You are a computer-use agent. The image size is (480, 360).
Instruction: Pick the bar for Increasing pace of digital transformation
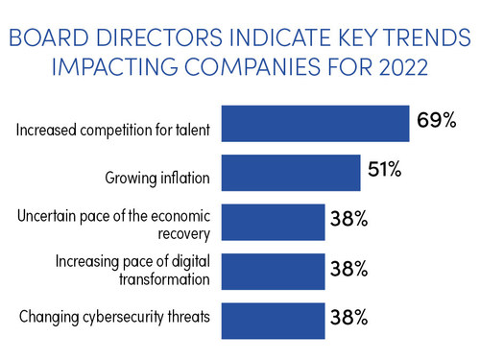[x=274, y=270]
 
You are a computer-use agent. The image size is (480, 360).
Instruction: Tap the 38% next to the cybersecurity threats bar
[x=348, y=318]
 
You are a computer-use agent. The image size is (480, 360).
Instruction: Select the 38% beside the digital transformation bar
[x=348, y=271]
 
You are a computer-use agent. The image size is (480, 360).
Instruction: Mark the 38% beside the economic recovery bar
[x=348, y=221]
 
